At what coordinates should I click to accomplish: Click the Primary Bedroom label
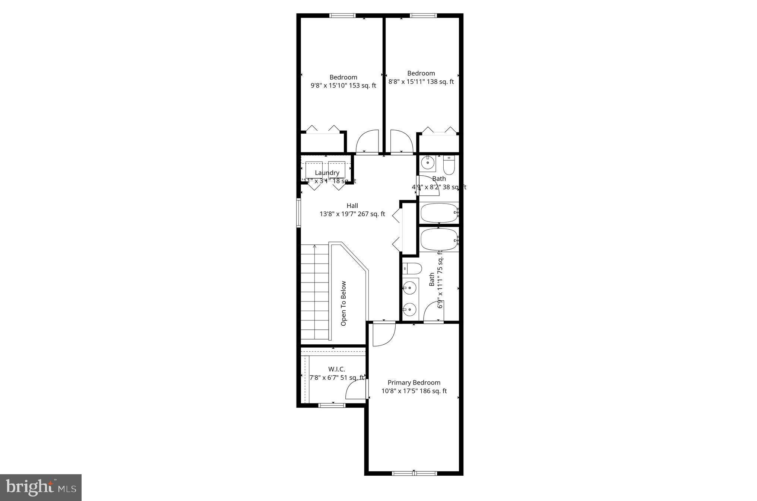414,383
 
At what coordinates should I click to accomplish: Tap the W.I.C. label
336,369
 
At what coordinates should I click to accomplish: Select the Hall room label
352,205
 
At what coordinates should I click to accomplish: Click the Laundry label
327,173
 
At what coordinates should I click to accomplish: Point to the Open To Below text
343,303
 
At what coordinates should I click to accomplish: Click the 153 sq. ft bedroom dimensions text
343,86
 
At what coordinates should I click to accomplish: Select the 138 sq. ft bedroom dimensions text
421,82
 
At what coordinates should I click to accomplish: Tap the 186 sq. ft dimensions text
414,391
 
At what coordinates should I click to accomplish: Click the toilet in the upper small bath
449,166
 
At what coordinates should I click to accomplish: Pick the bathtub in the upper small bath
439,213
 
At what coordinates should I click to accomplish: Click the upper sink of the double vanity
410,287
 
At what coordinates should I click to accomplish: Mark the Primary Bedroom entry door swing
384,334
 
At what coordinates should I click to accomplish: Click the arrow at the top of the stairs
315,246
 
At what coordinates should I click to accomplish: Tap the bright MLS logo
41,488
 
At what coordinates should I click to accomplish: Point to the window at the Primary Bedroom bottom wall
414,473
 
